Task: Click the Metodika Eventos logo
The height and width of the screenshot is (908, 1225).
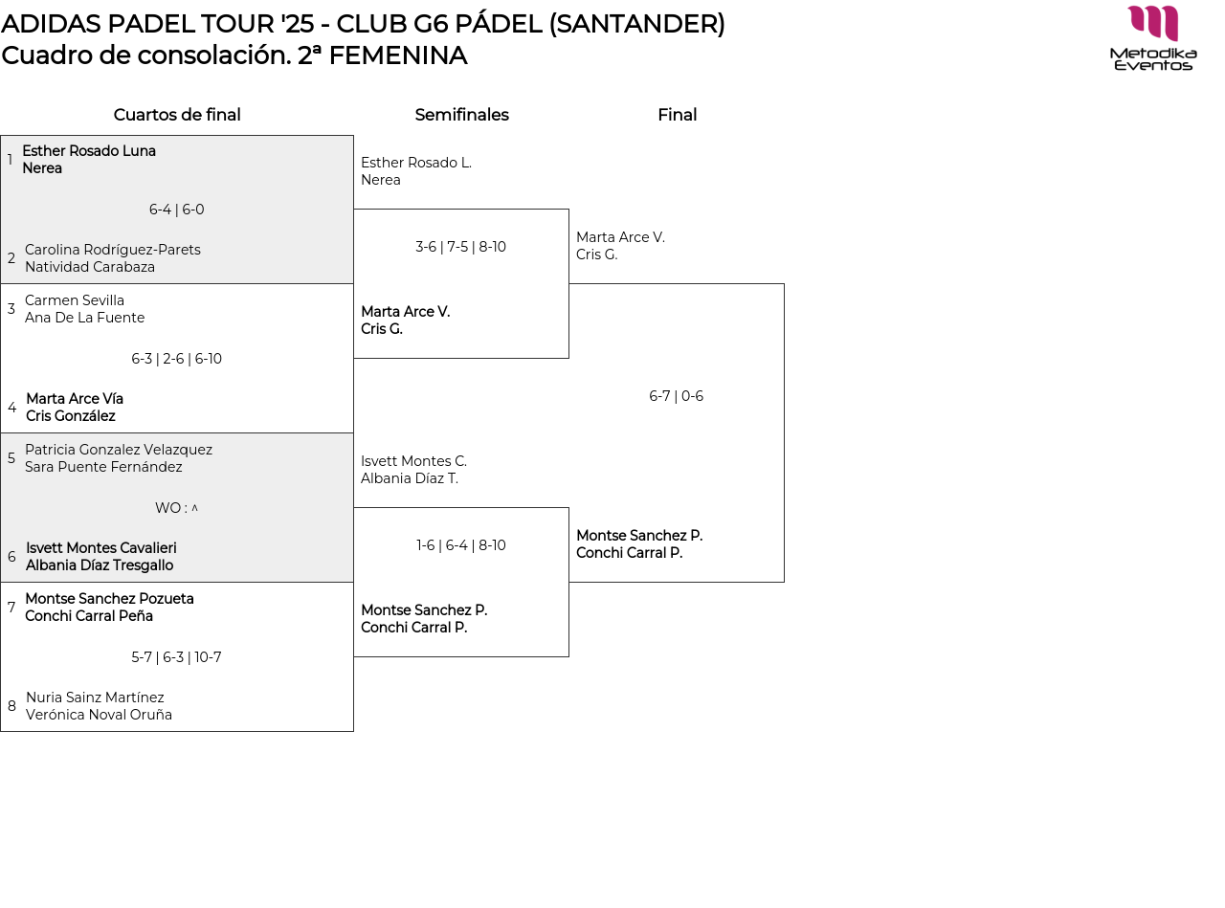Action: [1153, 38]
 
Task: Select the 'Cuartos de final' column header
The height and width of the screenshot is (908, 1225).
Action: [177, 115]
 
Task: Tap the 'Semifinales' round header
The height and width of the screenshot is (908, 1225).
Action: [461, 115]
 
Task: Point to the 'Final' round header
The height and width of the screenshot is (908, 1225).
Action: [677, 115]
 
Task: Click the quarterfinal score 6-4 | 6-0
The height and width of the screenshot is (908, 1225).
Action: [177, 210]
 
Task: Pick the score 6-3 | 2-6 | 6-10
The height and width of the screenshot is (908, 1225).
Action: [177, 359]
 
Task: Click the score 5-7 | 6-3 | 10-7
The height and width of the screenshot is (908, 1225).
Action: [177, 657]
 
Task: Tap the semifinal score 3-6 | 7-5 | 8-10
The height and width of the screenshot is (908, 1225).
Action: [460, 247]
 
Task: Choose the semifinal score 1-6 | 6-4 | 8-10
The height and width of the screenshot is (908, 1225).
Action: [460, 545]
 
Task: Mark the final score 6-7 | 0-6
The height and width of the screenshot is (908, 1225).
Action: [676, 396]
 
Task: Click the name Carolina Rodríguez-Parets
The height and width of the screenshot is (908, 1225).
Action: [113, 250]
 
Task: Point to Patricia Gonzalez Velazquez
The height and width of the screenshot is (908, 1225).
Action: [119, 450]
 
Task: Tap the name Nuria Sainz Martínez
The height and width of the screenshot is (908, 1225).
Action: [95, 698]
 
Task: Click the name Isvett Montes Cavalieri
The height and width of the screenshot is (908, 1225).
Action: [100, 548]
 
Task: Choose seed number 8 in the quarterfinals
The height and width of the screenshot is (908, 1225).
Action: [11, 706]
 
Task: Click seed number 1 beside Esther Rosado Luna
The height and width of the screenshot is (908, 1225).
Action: [10, 160]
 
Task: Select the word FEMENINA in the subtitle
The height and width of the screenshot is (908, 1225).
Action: [397, 55]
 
